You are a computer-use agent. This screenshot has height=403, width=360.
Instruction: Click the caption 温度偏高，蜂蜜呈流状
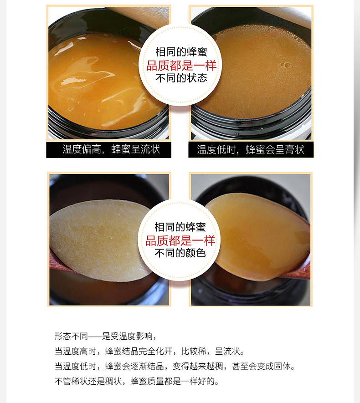click(x=111, y=149)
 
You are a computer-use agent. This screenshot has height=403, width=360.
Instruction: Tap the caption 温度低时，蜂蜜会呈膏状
click(x=251, y=149)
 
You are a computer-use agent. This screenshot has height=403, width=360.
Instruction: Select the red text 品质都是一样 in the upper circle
click(x=181, y=66)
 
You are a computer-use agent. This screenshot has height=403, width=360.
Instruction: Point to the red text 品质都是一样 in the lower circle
click(x=180, y=241)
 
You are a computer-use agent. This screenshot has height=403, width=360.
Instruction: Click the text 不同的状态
click(x=181, y=78)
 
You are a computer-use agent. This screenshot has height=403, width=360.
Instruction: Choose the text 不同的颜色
click(x=180, y=253)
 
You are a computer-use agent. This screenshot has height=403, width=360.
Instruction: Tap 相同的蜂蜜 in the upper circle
click(x=181, y=52)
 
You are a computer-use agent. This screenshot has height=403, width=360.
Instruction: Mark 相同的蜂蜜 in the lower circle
click(x=180, y=227)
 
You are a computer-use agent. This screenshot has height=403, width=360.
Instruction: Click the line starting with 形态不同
click(x=105, y=336)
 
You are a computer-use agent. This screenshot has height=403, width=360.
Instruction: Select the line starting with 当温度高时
click(x=149, y=351)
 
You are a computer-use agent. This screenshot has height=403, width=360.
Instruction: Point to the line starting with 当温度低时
click(x=175, y=366)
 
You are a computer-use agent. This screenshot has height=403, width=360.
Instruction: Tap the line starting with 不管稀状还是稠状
click(x=137, y=381)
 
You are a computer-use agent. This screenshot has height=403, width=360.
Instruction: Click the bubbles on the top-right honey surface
click(x=285, y=65)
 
